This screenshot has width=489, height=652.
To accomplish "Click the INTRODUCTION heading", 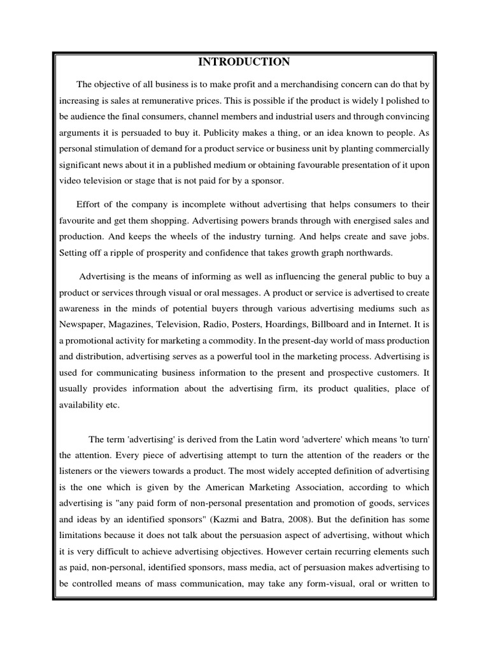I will point(244,62).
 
